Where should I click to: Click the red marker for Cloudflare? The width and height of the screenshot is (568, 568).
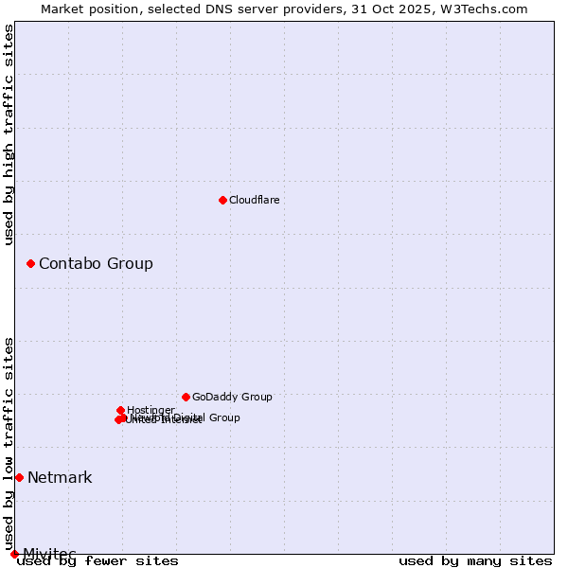(222, 200)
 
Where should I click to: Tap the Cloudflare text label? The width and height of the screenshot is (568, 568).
(255, 200)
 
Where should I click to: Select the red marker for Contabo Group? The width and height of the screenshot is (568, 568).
(30, 263)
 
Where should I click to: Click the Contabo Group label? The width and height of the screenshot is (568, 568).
(96, 263)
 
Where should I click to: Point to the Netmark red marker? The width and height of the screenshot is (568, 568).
(19, 477)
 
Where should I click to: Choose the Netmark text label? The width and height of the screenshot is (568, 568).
(60, 477)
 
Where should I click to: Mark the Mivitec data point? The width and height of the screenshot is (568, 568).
(14, 554)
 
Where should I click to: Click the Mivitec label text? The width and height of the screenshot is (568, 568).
(49, 554)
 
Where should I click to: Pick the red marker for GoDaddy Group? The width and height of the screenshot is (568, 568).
(186, 397)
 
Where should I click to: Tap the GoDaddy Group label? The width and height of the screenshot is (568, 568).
(232, 397)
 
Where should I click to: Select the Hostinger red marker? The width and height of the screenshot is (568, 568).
(121, 410)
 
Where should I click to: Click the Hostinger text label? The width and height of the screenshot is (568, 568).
(151, 410)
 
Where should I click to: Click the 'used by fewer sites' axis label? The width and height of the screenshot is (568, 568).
(98, 560)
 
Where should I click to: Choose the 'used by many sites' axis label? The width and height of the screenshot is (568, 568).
(475, 560)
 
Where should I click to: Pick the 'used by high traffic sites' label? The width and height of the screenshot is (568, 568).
(9, 134)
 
